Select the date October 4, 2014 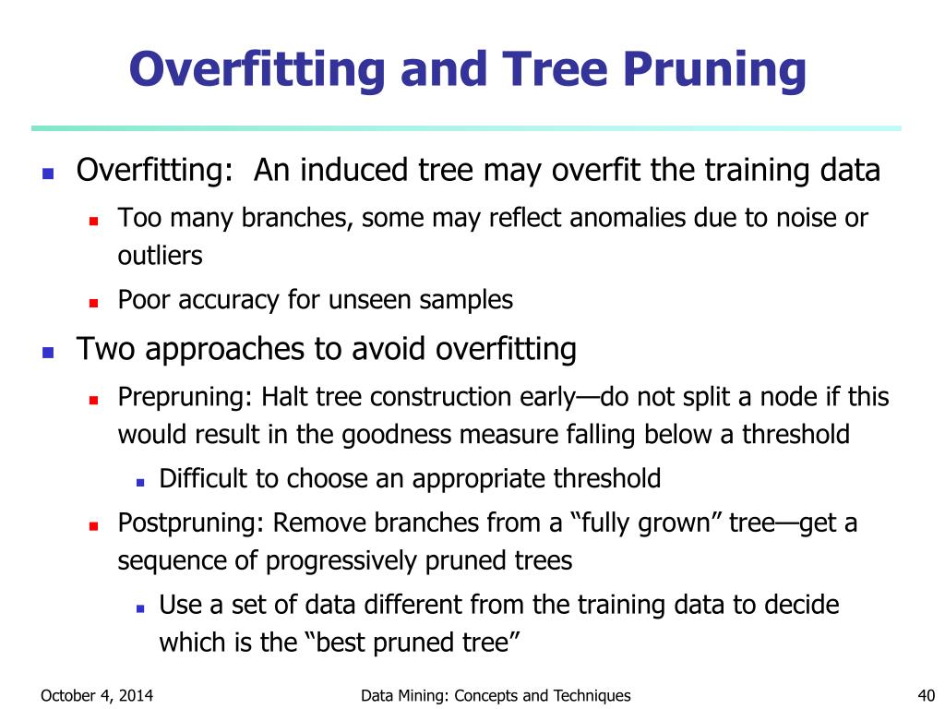coord(97,695)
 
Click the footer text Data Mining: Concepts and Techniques coord(496,695)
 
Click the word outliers coord(160,256)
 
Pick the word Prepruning coord(184,397)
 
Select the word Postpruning coord(191,523)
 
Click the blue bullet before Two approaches coord(49,352)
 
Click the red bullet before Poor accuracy coord(93,302)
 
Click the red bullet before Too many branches coord(93,220)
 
